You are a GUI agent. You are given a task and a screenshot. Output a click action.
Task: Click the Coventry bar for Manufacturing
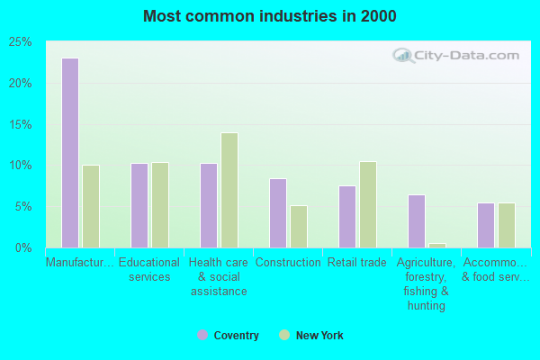tap(70, 153)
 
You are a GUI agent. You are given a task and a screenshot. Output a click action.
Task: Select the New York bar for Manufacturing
tap(91, 206)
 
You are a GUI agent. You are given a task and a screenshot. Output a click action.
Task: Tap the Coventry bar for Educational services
tap(139, 205)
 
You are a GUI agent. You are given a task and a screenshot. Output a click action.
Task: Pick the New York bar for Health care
tap(229, 190)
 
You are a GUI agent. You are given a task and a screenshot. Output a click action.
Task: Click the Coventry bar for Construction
tap(278, 213)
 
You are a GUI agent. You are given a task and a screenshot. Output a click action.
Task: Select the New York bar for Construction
tap(299, 227)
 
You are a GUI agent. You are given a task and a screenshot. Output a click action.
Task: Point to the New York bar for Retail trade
tap(368, 204)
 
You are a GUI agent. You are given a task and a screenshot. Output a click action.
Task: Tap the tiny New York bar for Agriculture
tap(437, 245)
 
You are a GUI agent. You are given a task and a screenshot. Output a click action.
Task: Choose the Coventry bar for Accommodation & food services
tap(486, 225)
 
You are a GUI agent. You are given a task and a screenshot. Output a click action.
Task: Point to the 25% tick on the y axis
tap(20, 42)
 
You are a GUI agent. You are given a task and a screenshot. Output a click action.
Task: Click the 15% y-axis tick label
tap(20, 124)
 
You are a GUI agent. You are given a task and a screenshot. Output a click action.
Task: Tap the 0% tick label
tap(22, 247)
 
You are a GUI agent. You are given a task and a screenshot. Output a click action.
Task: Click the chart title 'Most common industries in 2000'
tap(269, 16)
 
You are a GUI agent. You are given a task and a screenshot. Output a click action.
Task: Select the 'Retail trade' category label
tap(357, 263)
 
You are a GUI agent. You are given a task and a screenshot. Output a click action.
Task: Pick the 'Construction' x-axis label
tap(288, 263)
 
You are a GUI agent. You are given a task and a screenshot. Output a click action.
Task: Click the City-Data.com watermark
tap(457, 56)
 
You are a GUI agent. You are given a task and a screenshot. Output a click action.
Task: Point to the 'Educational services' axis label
tap(149, 270)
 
